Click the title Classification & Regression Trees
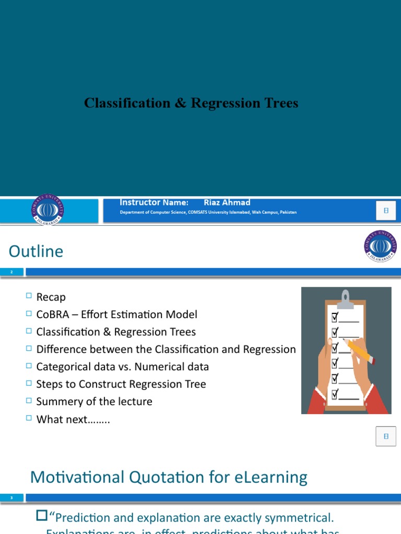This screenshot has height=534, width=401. [191, 103]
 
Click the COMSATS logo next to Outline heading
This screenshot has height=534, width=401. [380, 246]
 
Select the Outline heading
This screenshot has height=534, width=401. [36, 251]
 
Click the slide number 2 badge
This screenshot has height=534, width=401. [11, 272]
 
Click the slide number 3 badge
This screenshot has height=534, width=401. [11, 498]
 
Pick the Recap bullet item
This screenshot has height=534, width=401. [51, 297]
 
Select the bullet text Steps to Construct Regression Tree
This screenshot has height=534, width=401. [121, 384]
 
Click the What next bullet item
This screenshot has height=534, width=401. [73, 419]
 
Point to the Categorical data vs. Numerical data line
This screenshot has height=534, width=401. [122, 367]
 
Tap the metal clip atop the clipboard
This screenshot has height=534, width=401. [345, 298]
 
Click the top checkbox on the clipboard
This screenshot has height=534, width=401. [335, 318]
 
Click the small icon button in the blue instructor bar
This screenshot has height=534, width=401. [386, 211]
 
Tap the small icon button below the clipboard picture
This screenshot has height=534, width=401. [386, 436]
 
